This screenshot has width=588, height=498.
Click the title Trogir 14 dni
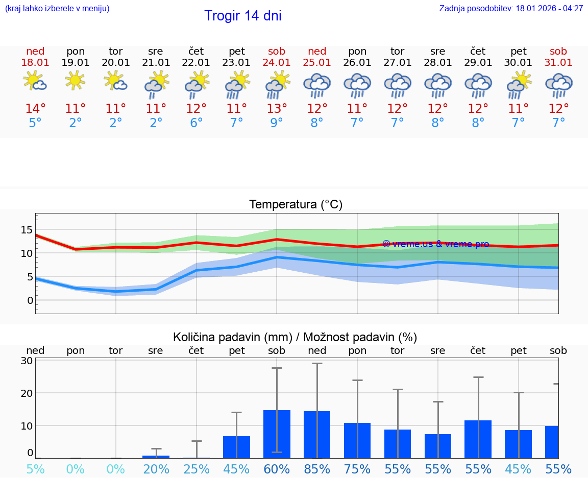click(242, 16)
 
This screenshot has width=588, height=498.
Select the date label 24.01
click(277, 63)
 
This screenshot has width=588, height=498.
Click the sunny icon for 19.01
click(76, 81)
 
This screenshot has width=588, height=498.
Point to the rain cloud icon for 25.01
click(317, 85)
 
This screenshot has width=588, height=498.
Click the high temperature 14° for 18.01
click(35, 109)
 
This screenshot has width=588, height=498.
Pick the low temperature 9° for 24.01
click(277, 123)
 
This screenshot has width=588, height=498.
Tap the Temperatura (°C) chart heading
click(296, 205)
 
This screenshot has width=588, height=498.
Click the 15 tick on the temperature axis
click(27, 230)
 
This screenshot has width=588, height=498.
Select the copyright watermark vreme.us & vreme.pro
click(435, 244)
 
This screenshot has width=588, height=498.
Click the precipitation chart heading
click(295, 337)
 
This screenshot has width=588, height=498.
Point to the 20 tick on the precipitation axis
click(27, 393)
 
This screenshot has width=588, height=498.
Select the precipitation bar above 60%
click(277, 434)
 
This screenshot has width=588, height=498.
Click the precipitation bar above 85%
click(317, 435)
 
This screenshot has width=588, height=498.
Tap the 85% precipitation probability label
click(317, 469)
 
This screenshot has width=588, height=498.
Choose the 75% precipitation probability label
click(357, 469)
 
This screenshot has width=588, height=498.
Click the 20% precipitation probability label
click(156, 469)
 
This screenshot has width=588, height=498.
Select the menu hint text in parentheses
click(57, 9)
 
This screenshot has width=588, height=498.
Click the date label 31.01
click(558, 63)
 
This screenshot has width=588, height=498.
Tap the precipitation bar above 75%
click(357, 440)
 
